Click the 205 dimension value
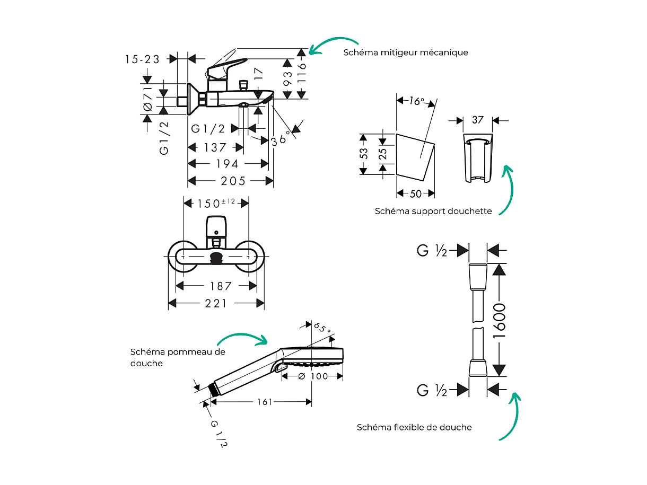[x=233, y=181]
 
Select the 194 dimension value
[x=226, y=164]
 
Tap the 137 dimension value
[x=215, y=148]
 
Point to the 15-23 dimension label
[x=142, y=59]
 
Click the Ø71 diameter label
[x=148, y=99]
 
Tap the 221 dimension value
[x=216, y=303]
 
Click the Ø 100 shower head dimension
[x=313, y=376]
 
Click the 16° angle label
[x=417, y=101]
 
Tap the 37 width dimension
[x=478, y=120]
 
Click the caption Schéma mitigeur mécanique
[x=406, y=52]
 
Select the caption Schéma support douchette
[x=433, y=211]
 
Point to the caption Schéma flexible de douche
[x=414, y=427]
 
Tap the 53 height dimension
[x=364, y=154]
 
